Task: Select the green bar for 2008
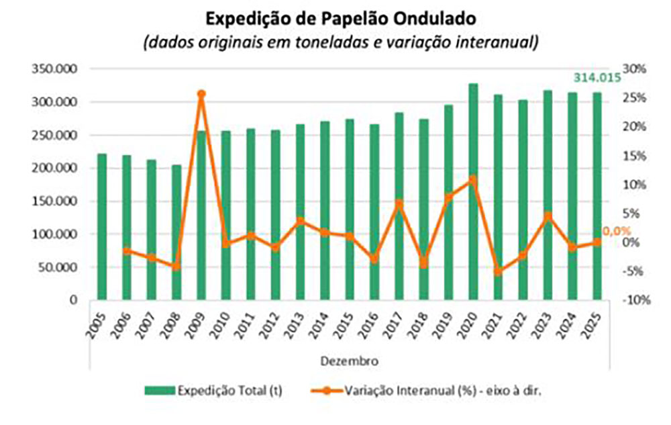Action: point(176,232)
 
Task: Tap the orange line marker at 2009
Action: point(201,95)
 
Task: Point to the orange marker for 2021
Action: point(498,271)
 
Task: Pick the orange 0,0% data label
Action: point(616,231)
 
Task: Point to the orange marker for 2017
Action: point(399,203)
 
